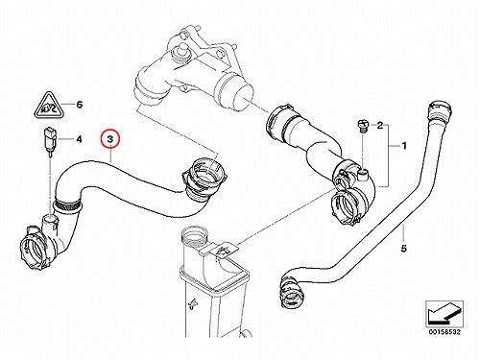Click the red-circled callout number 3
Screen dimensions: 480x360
click(x=109, y=139)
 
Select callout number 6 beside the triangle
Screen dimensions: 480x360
click(x=80, y=105)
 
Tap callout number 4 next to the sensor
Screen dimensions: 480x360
click(x=79, y=139)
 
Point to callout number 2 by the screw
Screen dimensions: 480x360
click(x=380, y=125)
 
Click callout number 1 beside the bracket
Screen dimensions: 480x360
click(x=404, y=146)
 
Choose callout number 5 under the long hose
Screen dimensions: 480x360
click(x=404, y=248)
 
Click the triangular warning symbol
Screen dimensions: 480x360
click(x=49, y=105)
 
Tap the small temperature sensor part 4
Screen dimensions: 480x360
click(x=51, y=142)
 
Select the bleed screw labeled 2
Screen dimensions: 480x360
click(x=363, y=126)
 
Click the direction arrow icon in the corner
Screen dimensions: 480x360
click(x=444, y=314)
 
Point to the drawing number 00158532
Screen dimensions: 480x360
click(x=444, y=332)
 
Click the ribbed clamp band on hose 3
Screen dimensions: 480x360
click(x=67, y=204)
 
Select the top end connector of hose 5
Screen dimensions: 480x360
click(x=441, y=111)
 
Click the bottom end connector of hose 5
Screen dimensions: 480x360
click(x=290, y=291)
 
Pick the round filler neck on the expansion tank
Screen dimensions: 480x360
click(x=195, y=236)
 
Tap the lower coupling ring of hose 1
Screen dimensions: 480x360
click(x=345, y=207)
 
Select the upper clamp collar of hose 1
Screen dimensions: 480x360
click(x=279, y=122)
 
